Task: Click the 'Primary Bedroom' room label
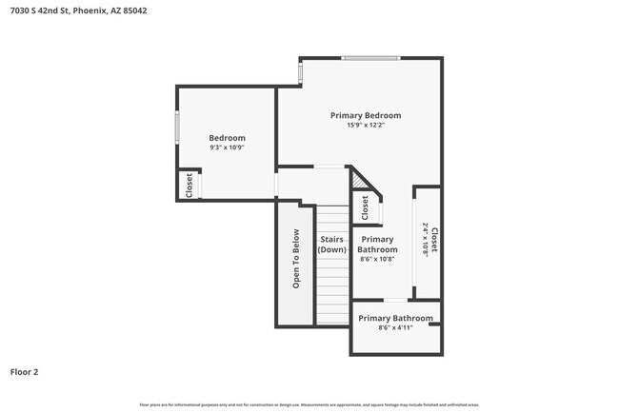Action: [x=366, y=115]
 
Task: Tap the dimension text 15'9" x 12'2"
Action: [x=366, y=126]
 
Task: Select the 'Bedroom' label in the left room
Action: [x=228, y=138]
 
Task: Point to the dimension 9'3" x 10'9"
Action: [x=228, y=147]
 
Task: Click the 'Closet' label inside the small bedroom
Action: [x=190, y=184]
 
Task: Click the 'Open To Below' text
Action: [x=296, y=259]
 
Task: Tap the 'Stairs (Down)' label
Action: [x=331, y=245]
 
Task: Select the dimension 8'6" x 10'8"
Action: [x=377, y=259]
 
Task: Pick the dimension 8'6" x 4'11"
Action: [x=395, y=328]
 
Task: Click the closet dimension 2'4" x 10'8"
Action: [x=425, y=241]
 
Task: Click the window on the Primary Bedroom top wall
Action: [x=370, y=58]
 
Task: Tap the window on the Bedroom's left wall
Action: [x=176, y=128]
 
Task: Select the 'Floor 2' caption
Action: [x=25, y=372]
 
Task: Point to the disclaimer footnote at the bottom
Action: [x=309, y=404]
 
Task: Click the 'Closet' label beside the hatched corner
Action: [x=365, y=206]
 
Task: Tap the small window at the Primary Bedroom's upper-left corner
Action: [x=300, y=71]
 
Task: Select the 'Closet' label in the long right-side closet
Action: [x=434, y=241]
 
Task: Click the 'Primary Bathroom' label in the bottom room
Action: [x=395, y=318]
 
